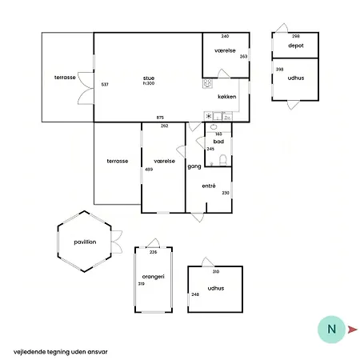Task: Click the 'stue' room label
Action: point(149,78)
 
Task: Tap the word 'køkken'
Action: point(227,97)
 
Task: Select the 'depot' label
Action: point(296,46)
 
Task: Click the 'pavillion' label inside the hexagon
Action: point(85,242)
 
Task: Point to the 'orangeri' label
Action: point(154,277)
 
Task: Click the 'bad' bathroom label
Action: point(218,142)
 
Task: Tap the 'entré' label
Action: point(209,186)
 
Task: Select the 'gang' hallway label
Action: point(194,166)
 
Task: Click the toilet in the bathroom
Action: point(222,160)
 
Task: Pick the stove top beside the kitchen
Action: point(207,83)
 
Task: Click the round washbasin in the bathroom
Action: point(214,127)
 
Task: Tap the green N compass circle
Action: point(331,330)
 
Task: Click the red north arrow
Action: point(352,330)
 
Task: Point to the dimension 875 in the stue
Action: point(160,118)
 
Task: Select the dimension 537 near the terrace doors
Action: point(105,85)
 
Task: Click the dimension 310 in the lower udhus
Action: point(216,271)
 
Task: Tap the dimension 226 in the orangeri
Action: point(154,252)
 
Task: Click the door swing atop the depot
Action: point(282,28)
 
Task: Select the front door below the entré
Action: point(198,218)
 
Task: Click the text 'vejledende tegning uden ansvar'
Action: point(61,352)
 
